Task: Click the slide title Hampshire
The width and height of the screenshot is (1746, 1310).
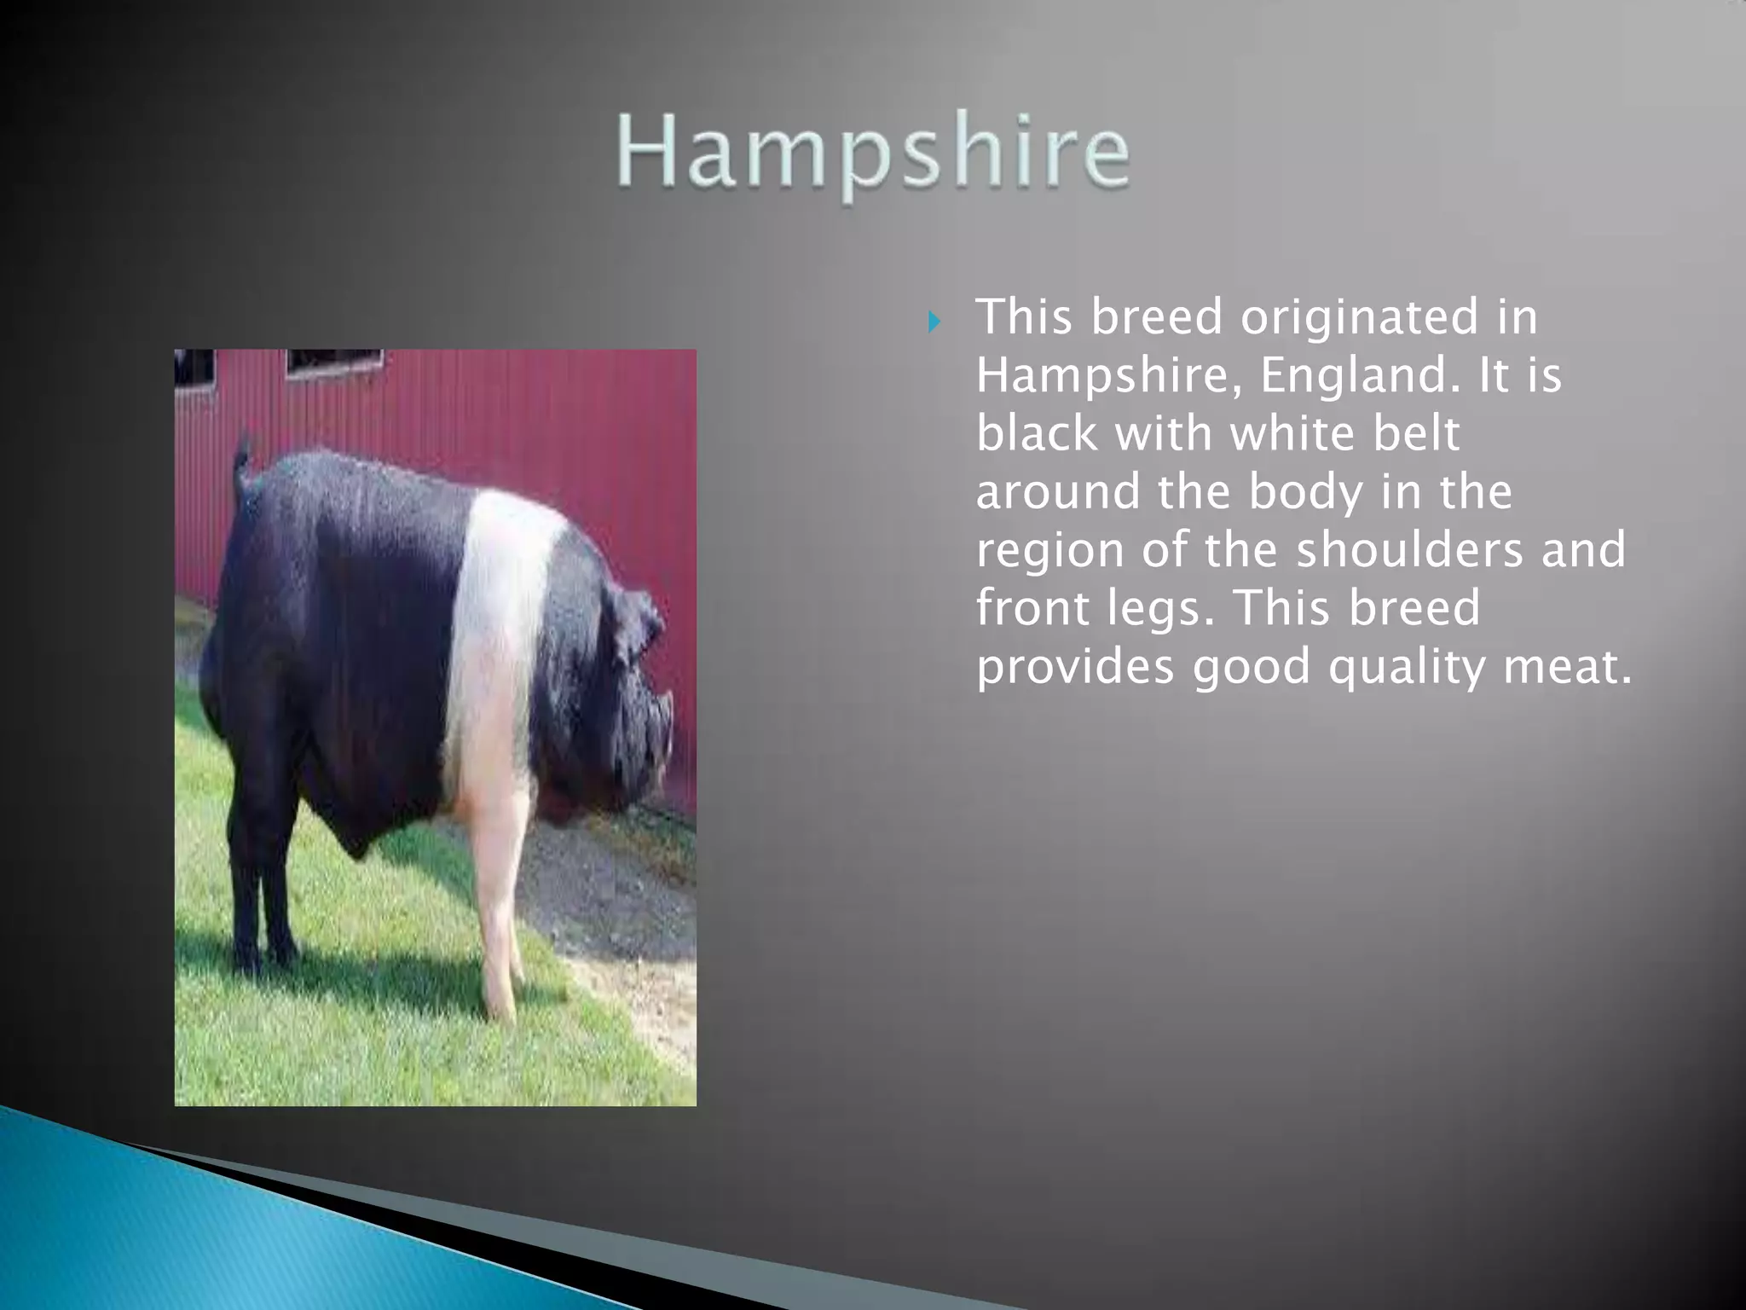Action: point(874,154)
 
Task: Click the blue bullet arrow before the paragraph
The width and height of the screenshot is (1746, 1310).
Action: point(934,322)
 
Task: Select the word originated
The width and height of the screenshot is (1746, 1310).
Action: point(1359,317)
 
